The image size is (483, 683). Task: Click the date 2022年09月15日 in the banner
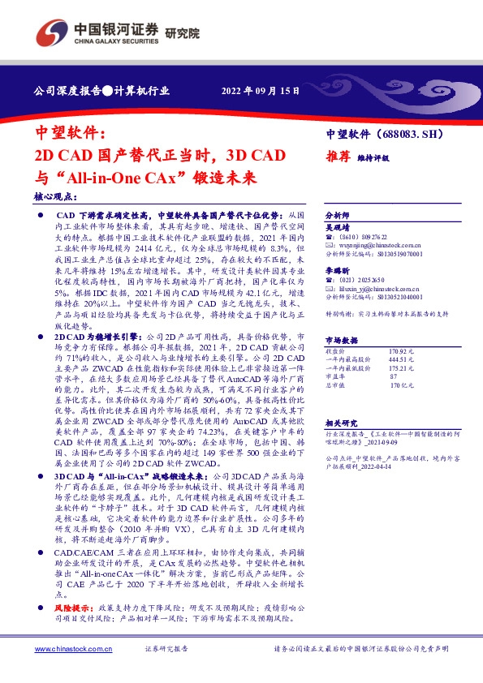[x=265, y=91]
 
